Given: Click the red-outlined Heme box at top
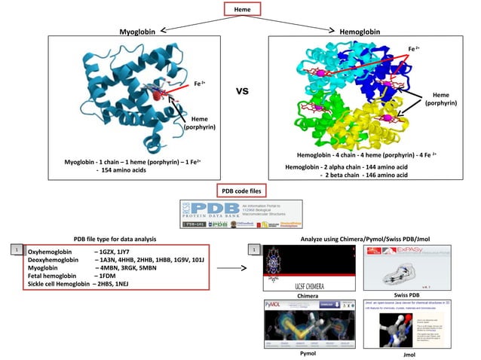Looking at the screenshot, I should [242, 9].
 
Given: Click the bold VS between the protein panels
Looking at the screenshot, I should [243, 92].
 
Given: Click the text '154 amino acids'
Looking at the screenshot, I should [125, 171].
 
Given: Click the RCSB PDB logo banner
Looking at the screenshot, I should [241, 214].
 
